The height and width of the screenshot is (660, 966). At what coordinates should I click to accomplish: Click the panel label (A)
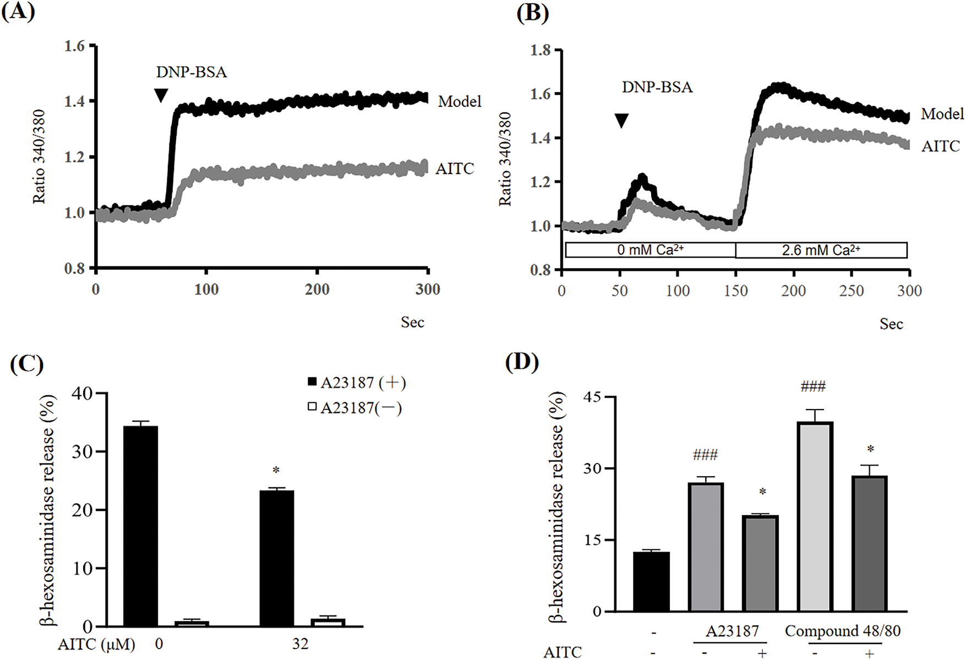(18, 11)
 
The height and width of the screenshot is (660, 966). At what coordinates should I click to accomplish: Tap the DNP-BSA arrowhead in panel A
(160, 96)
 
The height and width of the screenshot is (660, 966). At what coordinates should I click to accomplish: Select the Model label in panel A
(460, 101)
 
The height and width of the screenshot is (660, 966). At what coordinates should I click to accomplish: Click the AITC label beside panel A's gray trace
(455, 168)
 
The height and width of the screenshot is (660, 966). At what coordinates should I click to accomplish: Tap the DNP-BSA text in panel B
(657, 87)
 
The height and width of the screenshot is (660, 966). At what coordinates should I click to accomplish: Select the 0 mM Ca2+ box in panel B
(650, 250)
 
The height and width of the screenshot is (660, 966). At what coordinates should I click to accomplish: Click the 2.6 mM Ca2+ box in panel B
(821, 250)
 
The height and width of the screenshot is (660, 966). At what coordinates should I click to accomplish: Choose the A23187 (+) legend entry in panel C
(357, 383)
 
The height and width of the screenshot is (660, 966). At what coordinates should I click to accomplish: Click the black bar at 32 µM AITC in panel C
(277, 558)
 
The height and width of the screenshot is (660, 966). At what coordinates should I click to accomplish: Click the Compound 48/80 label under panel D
(842, 631)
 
